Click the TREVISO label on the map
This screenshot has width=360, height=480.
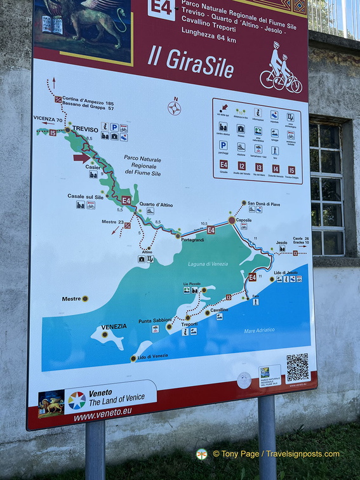tap(85, 128)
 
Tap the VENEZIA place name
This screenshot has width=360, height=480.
tap(114, 327)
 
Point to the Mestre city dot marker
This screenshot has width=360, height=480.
tap(85, 298)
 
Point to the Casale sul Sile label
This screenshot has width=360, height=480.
tap(85, 196)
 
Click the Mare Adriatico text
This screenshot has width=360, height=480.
tap(260, 331)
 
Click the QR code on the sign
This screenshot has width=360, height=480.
tap(297, 367)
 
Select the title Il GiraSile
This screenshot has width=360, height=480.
tap(190, 62)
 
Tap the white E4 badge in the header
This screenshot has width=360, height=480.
tap(161, 8)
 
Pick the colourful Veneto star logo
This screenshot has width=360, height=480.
tap(77, 400)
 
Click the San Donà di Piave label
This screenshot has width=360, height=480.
tap(263, 204)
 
